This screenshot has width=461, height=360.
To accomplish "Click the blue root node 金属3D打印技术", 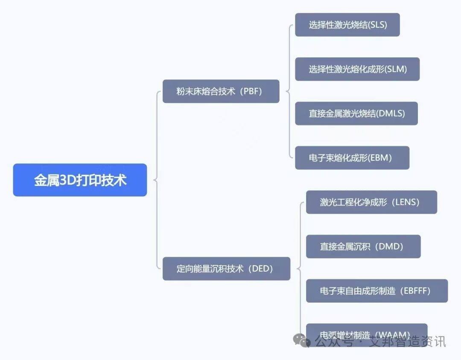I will (x=80, y=180).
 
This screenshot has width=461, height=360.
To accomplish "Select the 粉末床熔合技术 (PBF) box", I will (x=221, y=91).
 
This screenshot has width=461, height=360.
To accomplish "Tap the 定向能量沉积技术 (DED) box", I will (x=226, y=269).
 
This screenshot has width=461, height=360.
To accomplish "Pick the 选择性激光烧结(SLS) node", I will (x=347, y=25).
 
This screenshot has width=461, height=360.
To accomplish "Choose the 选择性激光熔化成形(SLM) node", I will (x=357, y=69).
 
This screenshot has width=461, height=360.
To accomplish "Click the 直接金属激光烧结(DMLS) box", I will (x=356, y=113).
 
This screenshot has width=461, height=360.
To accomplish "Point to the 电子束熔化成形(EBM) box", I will (x=352, y=158).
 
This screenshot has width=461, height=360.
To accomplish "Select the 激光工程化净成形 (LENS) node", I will (x=371, y=202).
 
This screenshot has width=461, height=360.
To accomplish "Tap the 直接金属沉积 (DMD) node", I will (x=363, y=247).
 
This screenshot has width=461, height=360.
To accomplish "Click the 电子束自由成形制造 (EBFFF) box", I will (x=377, y=291).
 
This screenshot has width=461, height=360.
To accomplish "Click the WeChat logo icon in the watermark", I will (x=304, y=340).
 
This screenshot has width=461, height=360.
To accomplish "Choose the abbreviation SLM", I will (x=396, y=69).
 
